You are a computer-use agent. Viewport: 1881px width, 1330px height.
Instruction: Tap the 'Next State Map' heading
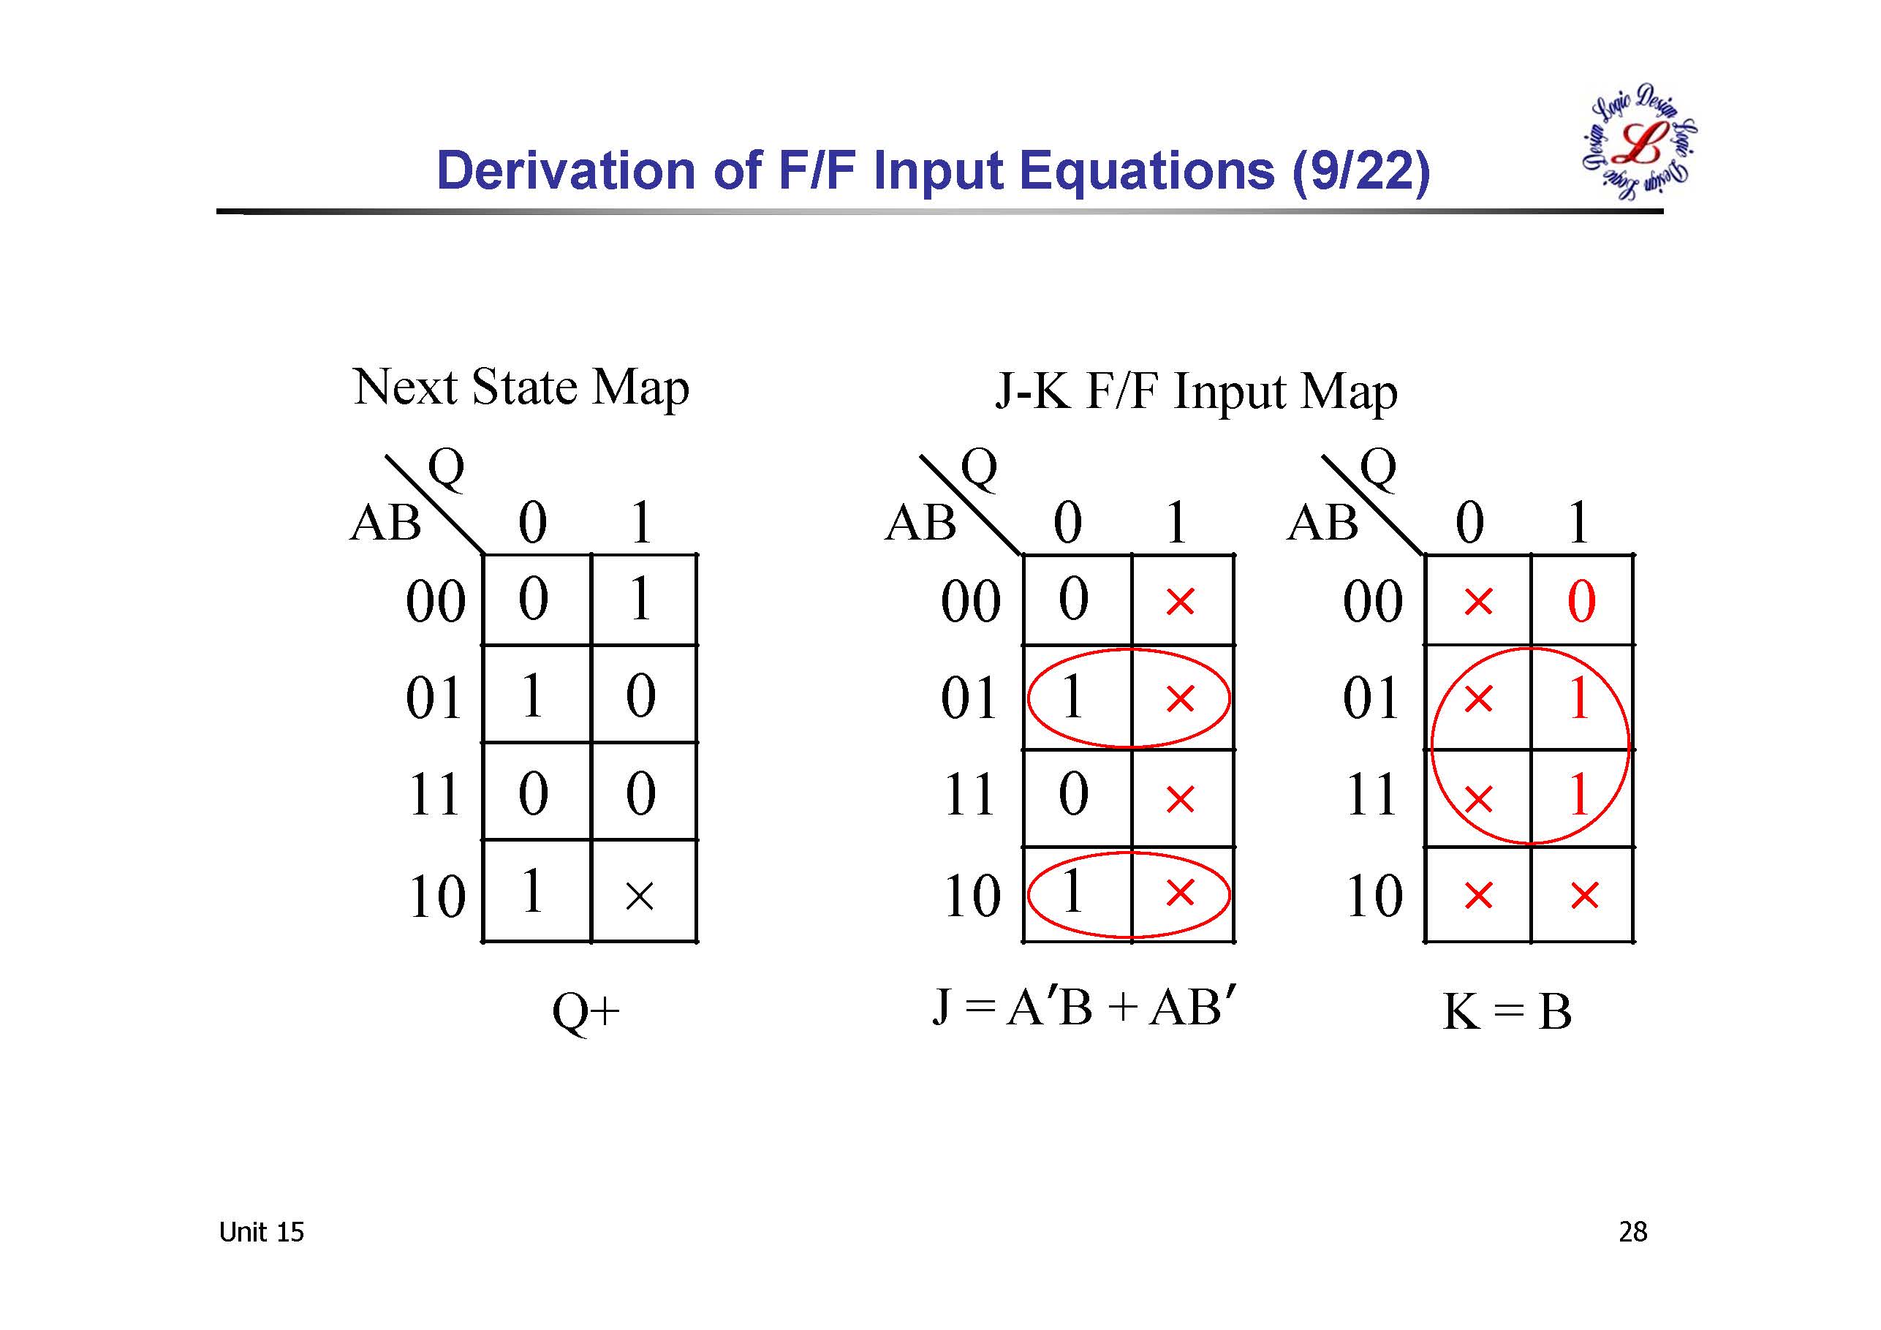pos(521,387)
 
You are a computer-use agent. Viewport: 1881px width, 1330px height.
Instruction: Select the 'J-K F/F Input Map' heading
pos(1196,392)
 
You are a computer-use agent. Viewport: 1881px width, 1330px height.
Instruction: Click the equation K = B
pos(1507,1011)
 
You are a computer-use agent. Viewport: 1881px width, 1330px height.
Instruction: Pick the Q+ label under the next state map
pos(586,1013)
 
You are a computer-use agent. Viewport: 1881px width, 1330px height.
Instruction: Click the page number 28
pos(1632,1232)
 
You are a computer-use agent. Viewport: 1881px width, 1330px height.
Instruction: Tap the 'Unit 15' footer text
pos(261,1232)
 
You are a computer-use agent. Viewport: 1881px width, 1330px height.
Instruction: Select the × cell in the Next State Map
pos(640,896)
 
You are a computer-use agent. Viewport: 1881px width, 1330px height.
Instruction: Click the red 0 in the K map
pos(1581,601)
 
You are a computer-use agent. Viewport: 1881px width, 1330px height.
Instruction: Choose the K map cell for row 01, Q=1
pos(1581,698)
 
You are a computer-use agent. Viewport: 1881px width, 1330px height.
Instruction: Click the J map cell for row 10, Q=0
pos(1077,893)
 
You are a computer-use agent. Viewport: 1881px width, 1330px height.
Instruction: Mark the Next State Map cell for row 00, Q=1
pos(643,599)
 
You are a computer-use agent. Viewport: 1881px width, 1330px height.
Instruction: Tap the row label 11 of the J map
pos(970,794)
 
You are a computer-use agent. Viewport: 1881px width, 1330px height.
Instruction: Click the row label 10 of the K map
pos(1374,895)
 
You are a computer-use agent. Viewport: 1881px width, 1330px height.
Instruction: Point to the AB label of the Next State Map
pos(385,522)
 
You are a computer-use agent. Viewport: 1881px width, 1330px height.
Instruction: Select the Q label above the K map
pos(1377,468)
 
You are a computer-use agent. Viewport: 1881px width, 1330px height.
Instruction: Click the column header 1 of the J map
pos(1176,521)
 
